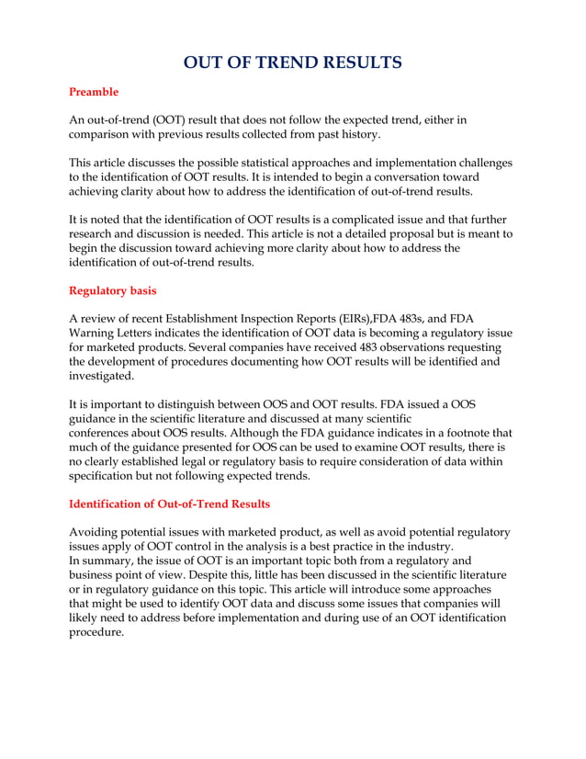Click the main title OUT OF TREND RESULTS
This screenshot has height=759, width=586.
tap(293, 62)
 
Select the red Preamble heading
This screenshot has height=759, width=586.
tap(94, 92)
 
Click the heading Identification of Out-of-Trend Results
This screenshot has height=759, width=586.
tap(170, 504)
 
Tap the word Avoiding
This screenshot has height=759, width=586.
tap(98, 532)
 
